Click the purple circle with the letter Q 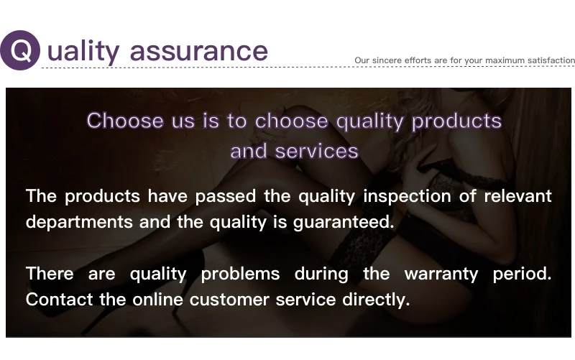click(x=20, y=50)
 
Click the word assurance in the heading click(x=199, y=51)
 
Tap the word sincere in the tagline click(x=387, y=60)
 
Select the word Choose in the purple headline click(x=125, y=120)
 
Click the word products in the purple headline click(x=456, y=121)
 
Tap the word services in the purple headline click(x=316, y=151)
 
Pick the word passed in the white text click(x=226, y=197)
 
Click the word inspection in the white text click(x=407, y=197)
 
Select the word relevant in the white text click(x=517, y=196)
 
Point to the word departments click(x=79, y=222)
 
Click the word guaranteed click(x=344, y=223)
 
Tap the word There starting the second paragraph click(x=50, y=274)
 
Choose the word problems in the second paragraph click(x=241, y=274)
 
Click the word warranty click(x=441, y=274)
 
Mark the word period click(x=523, y=274)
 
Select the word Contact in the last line click(x=60, y=300)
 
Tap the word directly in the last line click(x=376, y=300)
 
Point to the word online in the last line click(x=157, y=300)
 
